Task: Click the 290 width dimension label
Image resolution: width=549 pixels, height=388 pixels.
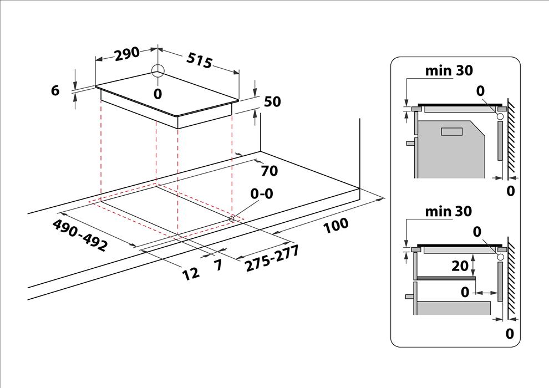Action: coord(127,54)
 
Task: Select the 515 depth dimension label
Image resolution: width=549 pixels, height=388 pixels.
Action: coord(199,60)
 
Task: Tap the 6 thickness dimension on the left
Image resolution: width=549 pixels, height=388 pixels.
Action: coord(55,90)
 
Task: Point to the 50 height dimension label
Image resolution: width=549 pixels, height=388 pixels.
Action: coord(272,101)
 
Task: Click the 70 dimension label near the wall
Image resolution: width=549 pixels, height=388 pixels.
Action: coord(270,171)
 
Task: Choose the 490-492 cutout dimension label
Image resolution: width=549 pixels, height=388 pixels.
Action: coord(79,235)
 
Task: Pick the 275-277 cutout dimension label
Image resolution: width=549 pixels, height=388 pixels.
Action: coord(272,258)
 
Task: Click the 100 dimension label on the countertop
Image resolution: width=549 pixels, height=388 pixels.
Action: coord(335,226)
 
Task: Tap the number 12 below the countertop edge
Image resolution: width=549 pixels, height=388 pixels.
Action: coord(191,273)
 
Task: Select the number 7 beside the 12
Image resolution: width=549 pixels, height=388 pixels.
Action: coord(218,265)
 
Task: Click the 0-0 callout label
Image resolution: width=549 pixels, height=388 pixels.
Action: coord(261,193)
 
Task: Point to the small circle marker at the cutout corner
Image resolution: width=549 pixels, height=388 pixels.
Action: coord(231,218)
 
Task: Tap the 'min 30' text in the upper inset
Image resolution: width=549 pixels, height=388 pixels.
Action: coord(449,71)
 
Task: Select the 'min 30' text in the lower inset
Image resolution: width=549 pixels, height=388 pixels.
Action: coord(449,211)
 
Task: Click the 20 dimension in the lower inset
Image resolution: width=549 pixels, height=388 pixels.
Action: coord(460,266)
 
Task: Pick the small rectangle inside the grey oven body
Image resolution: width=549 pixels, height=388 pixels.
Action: coord(452,132)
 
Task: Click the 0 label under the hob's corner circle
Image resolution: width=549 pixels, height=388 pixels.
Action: coord(158,94)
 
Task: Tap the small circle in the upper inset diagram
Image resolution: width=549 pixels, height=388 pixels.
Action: coord(500,116)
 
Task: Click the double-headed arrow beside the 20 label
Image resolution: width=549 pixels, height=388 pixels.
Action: coord(474,266)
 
